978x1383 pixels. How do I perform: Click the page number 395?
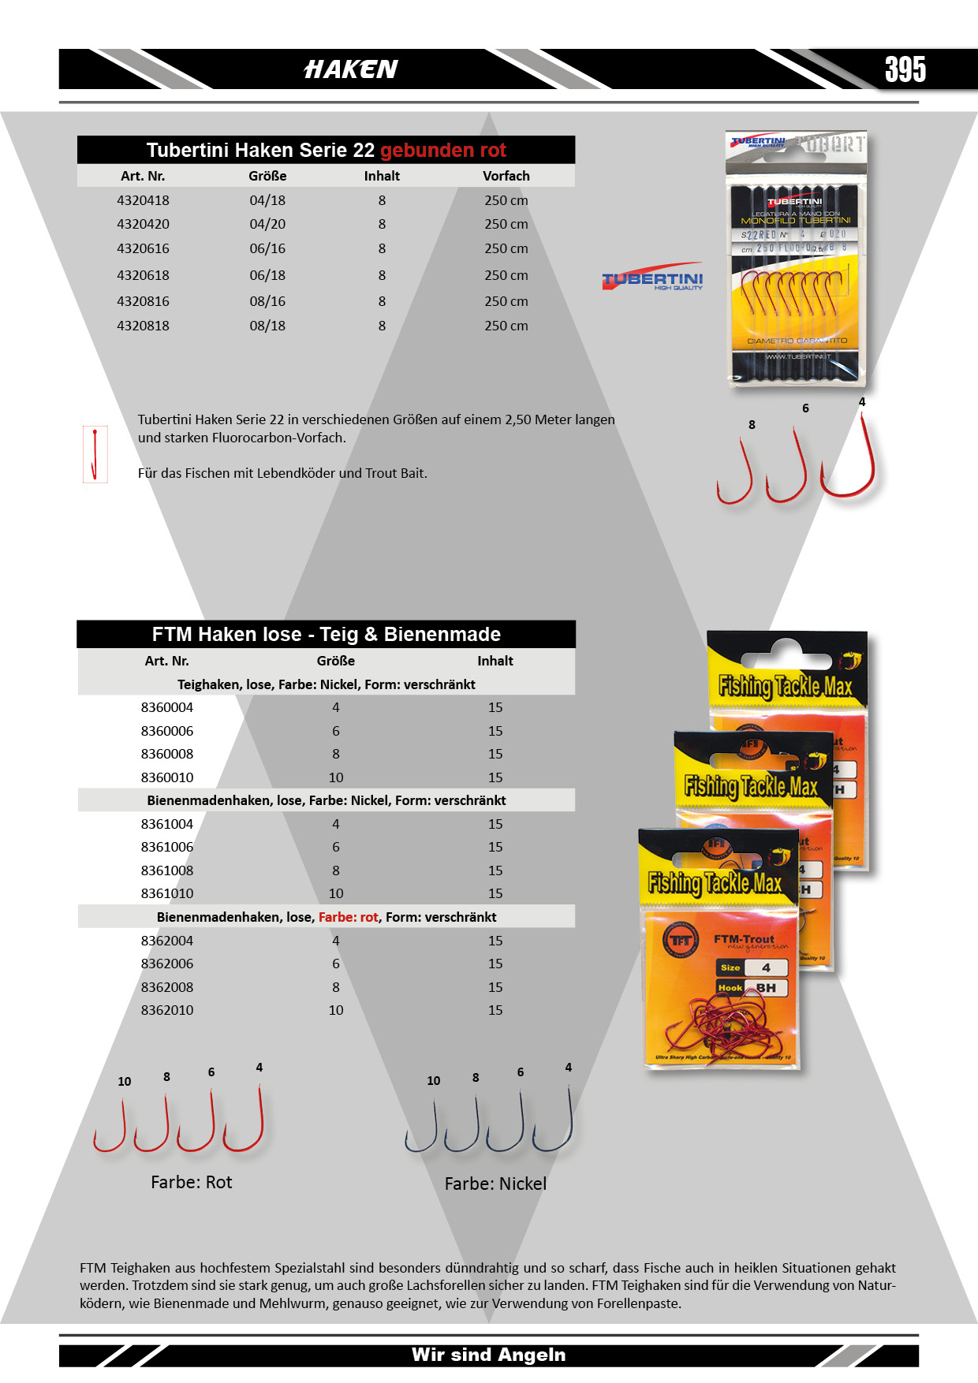[x=905, y=69]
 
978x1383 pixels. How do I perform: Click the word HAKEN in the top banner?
[x=351, y=69]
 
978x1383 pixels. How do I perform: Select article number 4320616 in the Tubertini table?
[x=143, y=248]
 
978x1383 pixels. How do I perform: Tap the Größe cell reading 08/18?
[x=267, y=326]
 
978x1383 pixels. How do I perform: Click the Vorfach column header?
[x=506, y=176]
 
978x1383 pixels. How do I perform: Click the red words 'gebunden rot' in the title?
[x=442, y=150]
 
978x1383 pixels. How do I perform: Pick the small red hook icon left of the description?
[x=95, y=454]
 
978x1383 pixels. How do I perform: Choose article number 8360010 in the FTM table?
[x=167, y=777]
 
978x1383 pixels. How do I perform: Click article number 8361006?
[x=167, y=847]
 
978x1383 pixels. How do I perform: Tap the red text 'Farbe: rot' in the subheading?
[x=348, y=917]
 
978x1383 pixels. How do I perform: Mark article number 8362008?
[x=167, y=987]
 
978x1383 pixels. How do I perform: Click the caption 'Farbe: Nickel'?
[x=495, y=1184]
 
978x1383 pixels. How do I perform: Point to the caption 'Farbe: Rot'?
[x=192, y=1182]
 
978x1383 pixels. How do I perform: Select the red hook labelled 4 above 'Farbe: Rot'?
[x=246, y=1124]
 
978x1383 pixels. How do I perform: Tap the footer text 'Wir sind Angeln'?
[x=488, y=1355]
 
